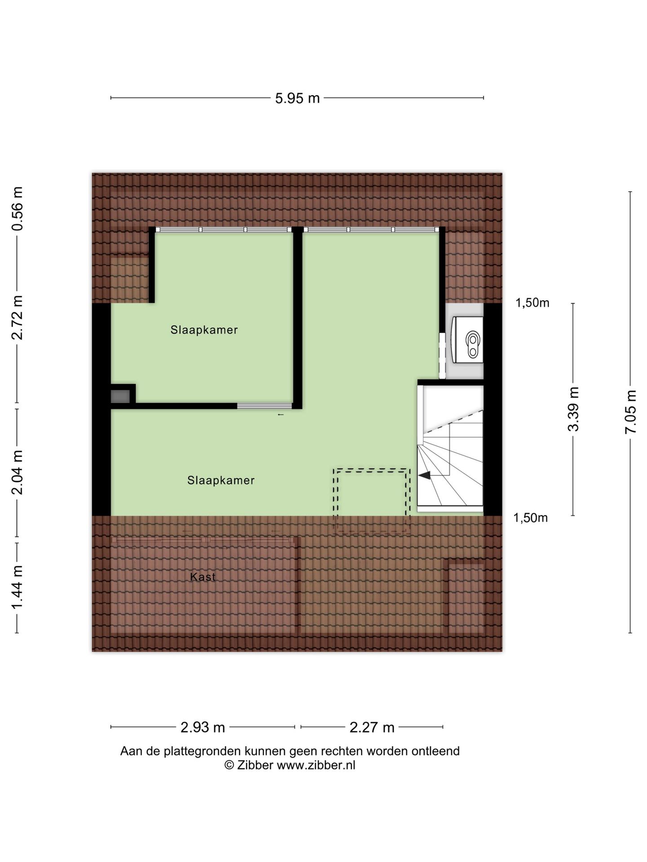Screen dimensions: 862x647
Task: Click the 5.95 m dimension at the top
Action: coord(297,98)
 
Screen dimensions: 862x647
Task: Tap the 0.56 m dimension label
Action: coord(18,208)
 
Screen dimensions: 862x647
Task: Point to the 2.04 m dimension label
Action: coord(18,472)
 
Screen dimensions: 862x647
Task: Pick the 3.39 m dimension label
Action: coord(573,409)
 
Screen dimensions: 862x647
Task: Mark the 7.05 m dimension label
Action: coord(631,412)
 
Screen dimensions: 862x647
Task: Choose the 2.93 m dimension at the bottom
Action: coord(203,727)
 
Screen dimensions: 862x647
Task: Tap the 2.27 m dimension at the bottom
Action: coord(372,727)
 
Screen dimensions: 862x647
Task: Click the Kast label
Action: coord(203,577)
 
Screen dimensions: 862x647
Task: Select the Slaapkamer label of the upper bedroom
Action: coord(204,330)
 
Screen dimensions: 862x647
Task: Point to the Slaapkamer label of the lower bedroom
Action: coord(221,480)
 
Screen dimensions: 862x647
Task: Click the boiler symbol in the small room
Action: coord(473,344)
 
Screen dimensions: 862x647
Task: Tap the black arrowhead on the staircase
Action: coord(425,475)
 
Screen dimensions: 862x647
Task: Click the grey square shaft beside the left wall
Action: coord(120,396)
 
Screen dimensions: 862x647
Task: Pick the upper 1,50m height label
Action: coord(532,303)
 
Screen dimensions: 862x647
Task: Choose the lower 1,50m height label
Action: coord(531,518)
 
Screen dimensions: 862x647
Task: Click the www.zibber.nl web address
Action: coord(316,765)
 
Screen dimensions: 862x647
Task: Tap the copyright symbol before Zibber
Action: coord(229,765)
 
